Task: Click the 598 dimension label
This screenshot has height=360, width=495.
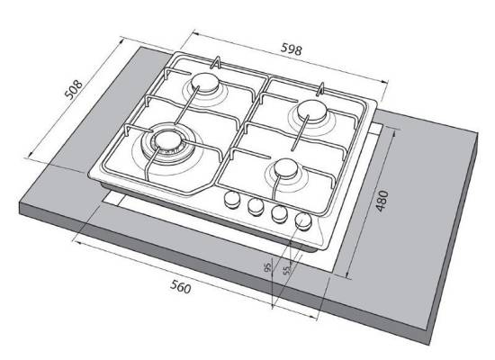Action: pyautogui.click(x=291, y=49)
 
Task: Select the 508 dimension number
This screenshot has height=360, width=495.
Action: pyautogui.click(x=74, y=89)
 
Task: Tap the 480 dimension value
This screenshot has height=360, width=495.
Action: pyautogui.click(x=382, y=201)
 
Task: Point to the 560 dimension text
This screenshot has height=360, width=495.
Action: pyautogui.click(x=181, y=287)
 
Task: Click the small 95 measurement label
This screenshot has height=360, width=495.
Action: pyautogui.click(x=267, y=267)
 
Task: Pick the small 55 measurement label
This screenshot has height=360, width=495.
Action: pyautogui.click(x=286, y=270)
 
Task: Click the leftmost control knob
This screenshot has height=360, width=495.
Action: pyautogui.click(x=232, y=200)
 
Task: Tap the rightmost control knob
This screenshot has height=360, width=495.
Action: pyautogui.click(x=303, y=220)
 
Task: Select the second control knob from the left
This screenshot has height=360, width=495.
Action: pyautogui.click(x=256, y=206)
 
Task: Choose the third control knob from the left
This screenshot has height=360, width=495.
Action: pyautogui.click(x=279, y=214)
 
